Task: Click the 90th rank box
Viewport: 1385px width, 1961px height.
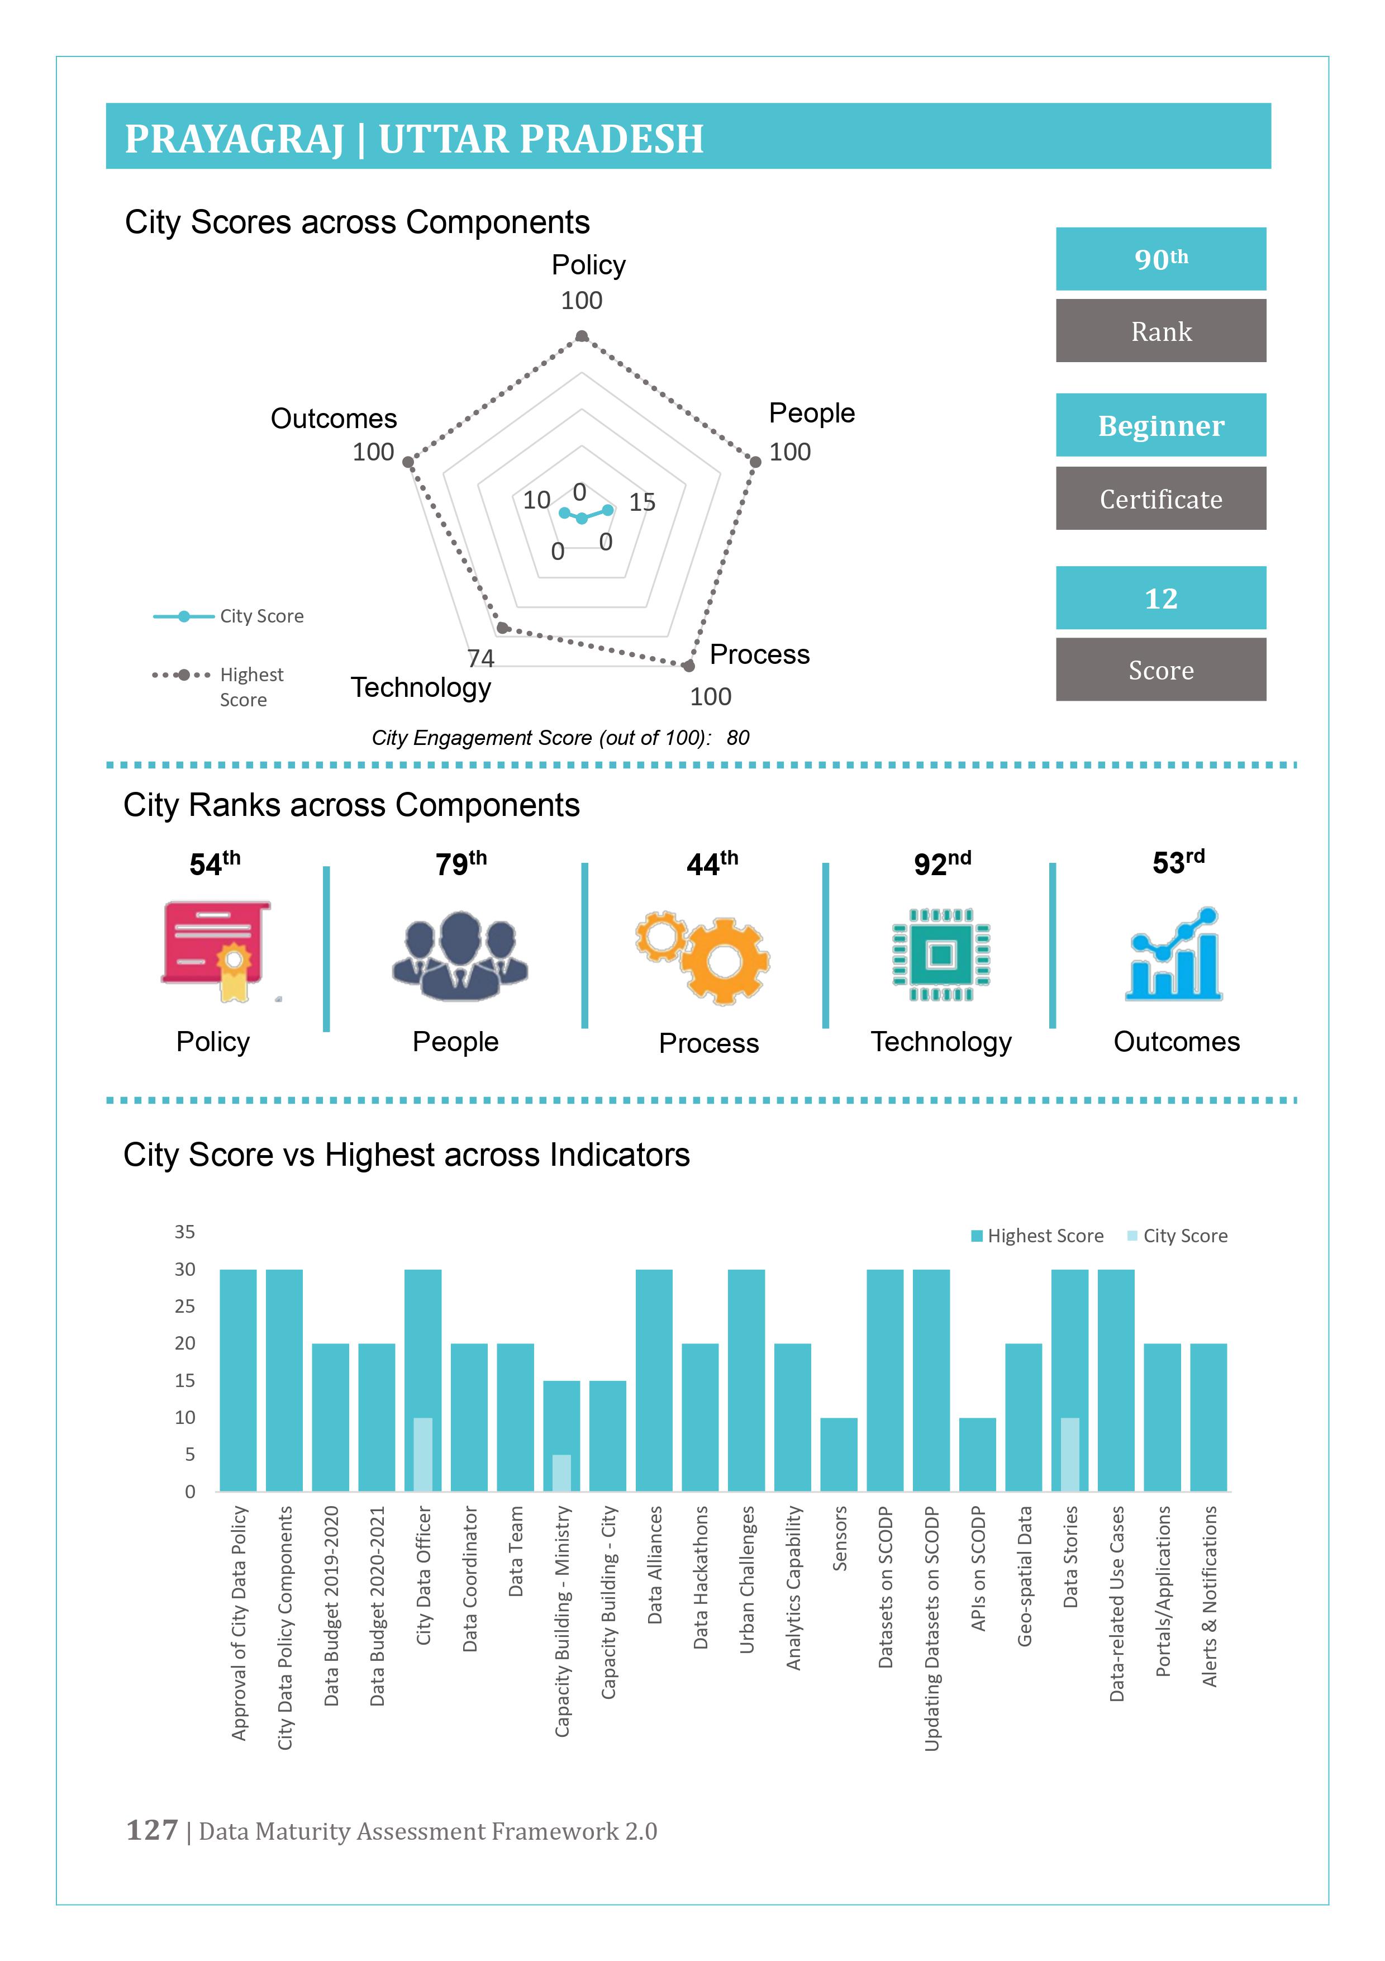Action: pyautogui.click(x=1160, y=259)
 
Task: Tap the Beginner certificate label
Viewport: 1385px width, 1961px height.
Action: pyautogui.click(x=1160, y=425)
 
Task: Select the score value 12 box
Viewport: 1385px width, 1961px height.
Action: pyautogui.click(x=1160, y=598)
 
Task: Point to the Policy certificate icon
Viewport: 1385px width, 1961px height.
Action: pyautogui.click(x=217, y=949)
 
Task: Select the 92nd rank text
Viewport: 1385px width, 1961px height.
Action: pyautogui.click(x=942, y=863)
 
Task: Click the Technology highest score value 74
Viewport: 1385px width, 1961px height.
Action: pyautogui.click(x=480, y=658)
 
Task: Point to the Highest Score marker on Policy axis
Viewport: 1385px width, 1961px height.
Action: pyautogui.click(x=582, y=336)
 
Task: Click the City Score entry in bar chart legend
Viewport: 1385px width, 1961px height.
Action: pyautogui.click(x=1178, y=1236)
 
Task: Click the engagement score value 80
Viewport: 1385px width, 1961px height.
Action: pyautogui.click(x=738, y=738)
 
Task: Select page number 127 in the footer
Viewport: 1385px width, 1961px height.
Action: pyautogui.click(x=152, y=1830)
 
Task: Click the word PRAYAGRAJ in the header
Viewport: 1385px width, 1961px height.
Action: pyautogui.click(x=234, y=139)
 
